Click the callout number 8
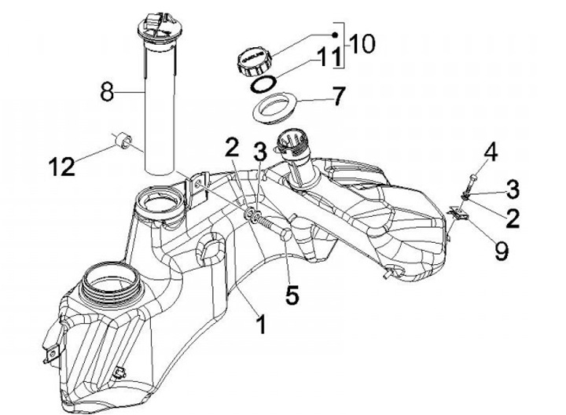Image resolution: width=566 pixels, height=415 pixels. click(108, 92)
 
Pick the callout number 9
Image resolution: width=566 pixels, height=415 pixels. click(501, 250)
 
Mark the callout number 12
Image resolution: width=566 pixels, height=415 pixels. click(61, 166)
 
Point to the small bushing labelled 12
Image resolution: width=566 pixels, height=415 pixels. click(123, 141)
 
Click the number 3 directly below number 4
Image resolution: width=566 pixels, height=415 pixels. click(512, 189)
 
